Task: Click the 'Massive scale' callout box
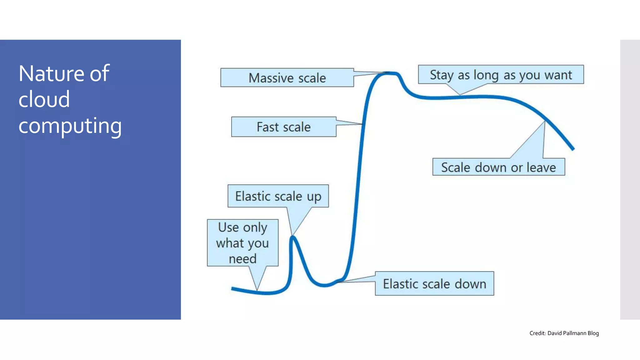[x=287, y=77]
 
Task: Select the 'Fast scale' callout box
[x=283, y=127]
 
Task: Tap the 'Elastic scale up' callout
[x=278, y=196]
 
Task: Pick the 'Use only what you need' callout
[x=242, y=243]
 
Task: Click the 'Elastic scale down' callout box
[x=434, y=283]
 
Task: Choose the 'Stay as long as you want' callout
[x=501, y=75]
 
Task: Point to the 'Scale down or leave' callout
[x=498, y=167]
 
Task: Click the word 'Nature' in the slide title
[x=52, y=74]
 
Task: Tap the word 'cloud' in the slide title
[x=44, y=99]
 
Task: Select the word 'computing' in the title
[x=70, y=126]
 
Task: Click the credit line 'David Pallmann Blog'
[x=573, y=333]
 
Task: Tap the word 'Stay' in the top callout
[x=442, y=75]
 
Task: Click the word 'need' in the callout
[x=242, y=259]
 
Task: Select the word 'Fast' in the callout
[x=267, y=127]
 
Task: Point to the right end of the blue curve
[x=573, y=149]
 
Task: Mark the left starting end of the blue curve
[x=232, y=289]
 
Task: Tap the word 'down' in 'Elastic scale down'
[x=470, y=284]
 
